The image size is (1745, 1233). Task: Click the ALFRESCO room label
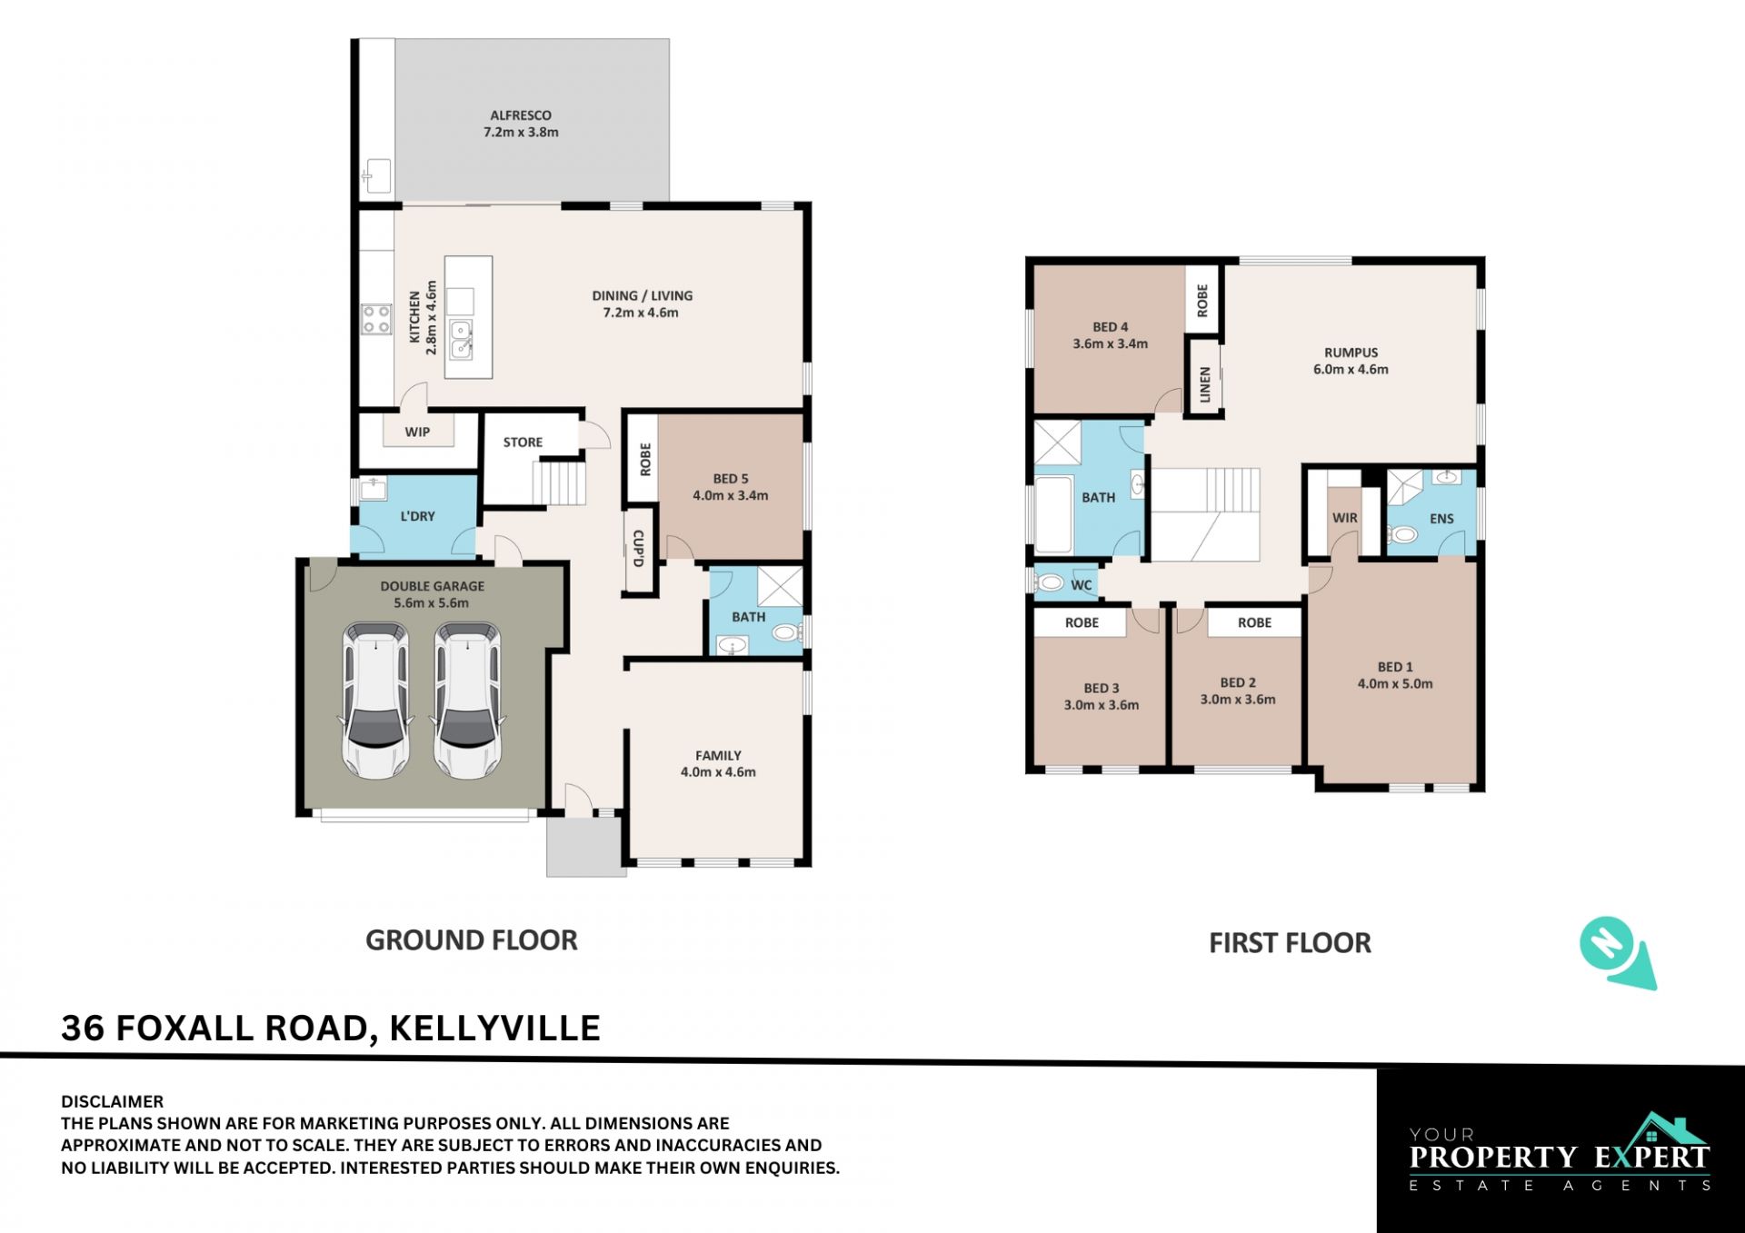[x=521, y=115]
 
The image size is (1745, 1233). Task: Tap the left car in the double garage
[x=375, y=701]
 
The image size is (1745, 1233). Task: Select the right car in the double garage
[x=467, y=701]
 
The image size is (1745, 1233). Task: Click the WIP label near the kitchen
[x=417, y=433]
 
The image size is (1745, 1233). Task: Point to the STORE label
[x=523, y=442]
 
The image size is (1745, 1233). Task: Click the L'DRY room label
[x=417, y=516]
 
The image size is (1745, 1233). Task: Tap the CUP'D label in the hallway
[x=638, y=549]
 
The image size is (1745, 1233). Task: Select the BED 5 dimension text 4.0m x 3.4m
[x=731, y=496]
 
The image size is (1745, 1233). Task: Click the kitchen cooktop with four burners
[x=376, y=319]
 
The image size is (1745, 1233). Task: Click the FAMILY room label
[x=718, y=756]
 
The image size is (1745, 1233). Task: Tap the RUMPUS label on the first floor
[x=1351, y=353]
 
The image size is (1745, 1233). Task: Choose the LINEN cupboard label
[x=1205, y=384]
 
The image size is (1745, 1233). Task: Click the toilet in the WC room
[x=1050, y=582]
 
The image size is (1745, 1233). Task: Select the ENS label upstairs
[x=1441, y=519]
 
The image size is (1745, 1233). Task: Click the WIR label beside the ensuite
[x=1344, y=518]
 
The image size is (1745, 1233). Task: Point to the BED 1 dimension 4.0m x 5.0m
[x=1395, y=684]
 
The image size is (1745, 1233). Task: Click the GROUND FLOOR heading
[x=471, y=940]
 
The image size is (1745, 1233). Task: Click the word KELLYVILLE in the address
[x=494, y=1029]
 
